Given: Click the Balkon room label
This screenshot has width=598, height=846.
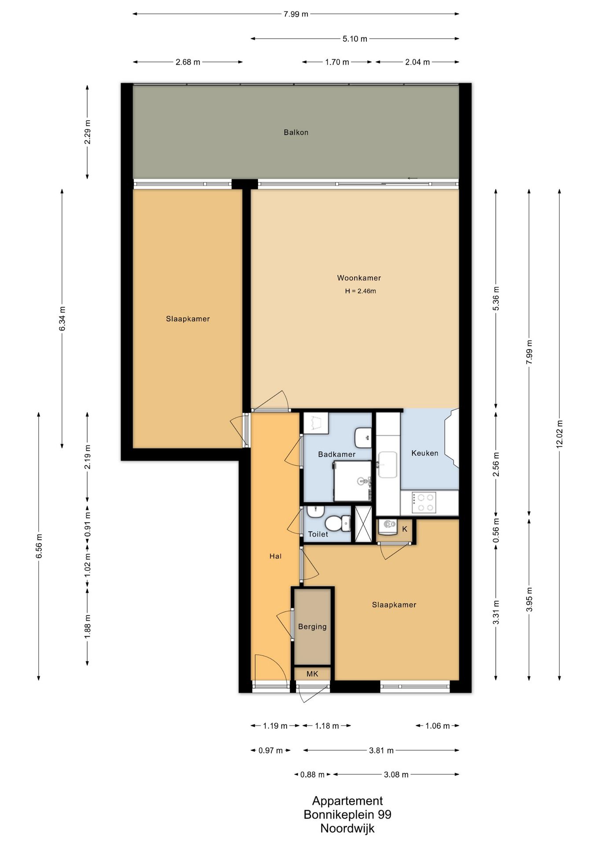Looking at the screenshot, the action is point(296,132).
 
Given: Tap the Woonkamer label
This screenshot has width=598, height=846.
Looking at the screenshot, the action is point(359,278).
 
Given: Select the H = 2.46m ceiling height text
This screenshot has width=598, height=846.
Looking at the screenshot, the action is point(360,291).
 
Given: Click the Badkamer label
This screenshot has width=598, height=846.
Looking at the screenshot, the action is point(336,454).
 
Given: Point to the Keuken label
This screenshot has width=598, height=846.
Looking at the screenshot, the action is point(425,453).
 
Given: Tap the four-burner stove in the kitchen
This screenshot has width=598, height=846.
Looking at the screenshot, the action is point(424,503).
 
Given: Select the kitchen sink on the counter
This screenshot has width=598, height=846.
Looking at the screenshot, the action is point(387,464).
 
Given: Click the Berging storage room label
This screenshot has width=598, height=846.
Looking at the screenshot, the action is point(312,627).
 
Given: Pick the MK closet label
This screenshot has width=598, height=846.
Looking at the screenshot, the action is point(312,674).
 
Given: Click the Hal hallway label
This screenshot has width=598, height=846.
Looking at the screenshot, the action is point(275,556).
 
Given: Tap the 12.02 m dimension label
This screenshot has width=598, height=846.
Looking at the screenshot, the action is point(559,434).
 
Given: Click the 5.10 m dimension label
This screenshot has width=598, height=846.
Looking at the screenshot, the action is point(355,39).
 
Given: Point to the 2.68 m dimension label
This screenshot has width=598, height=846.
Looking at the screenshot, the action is point(188,62).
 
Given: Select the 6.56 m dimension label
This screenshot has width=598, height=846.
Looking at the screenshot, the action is point(39,546).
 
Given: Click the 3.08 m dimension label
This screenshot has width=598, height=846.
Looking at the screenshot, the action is point(396,775).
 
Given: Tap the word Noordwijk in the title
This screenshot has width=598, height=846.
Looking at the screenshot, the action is point(347,828).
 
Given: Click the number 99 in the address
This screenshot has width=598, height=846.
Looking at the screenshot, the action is point(384,814).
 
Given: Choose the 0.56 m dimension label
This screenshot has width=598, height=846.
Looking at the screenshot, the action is point(496,531).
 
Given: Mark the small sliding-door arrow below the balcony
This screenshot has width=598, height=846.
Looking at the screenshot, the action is point(413,178).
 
